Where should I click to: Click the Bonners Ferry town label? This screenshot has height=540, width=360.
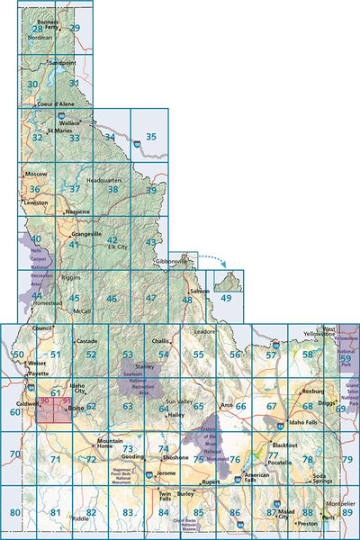tap(49, 22)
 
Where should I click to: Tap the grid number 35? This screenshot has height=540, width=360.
tap(151, 137)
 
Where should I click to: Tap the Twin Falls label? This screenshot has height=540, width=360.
tap(164, 496)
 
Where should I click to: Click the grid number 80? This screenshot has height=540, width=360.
tap(14, 512)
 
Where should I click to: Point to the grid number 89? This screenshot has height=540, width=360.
tap(347, 512)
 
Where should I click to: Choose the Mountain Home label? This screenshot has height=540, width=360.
tap(110, 442)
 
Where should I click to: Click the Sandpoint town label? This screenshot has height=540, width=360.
tap(62, 64)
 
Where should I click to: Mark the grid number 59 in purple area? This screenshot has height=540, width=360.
tap(345, 359)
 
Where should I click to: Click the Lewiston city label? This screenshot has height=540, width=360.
tap(34, 203)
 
